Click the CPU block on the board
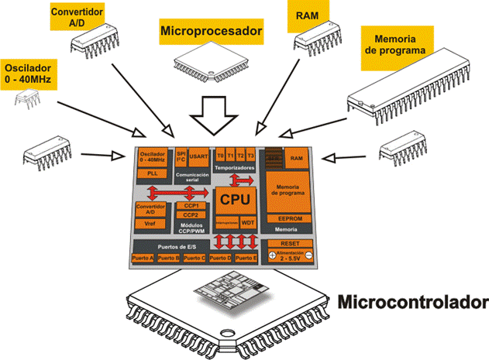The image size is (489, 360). tap(236, 199)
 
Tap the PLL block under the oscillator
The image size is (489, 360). tap(152, 174)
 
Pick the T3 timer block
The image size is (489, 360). tap(250, 155)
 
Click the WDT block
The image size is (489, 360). tap(248, 221)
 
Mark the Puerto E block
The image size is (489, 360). tap(245, 258)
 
